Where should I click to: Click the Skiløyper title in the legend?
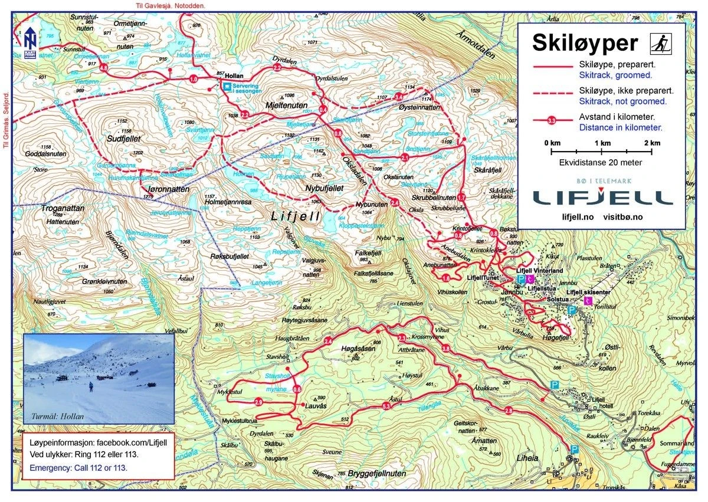click(x=585, y=42)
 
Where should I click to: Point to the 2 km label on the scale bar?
click(x=651, y=143)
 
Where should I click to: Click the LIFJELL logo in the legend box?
click(x=602, y=196)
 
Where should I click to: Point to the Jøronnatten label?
click(x=166, y=189)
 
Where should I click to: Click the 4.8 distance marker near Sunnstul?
click(x=104, y=68)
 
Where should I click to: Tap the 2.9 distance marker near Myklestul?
click(x=258, y=402)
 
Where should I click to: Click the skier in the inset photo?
click(x=91, y=387)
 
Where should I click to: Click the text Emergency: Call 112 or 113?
click(x=78, y=467)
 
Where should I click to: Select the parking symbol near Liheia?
click(x=574, y=449)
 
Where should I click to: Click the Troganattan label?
click(x=63, y=208)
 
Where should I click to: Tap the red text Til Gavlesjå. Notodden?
click(x=169, y=5)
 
